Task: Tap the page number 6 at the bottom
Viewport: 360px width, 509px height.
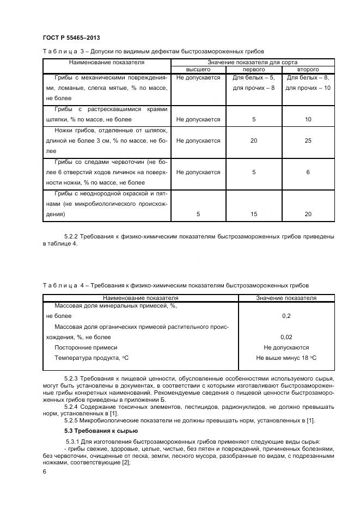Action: point(44,472)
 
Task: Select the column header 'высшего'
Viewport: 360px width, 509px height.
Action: point(198,70)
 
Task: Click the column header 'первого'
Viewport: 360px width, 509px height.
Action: point(253,70)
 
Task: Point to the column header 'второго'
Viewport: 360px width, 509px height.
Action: point(308,70)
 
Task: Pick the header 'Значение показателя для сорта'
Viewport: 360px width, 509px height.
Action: point(253,63)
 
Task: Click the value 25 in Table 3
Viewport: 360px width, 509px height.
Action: point(308,140)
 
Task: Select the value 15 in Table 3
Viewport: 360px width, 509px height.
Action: point(253,214)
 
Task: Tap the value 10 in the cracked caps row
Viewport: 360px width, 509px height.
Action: point(308,119)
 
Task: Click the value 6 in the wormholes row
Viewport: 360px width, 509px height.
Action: point(308,172)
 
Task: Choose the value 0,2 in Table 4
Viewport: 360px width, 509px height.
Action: point(286,316)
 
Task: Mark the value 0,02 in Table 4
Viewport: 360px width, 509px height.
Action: point(286,337)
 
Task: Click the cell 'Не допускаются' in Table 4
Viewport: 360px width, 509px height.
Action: point(286,347)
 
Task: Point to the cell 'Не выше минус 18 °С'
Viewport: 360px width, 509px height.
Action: point(286,358)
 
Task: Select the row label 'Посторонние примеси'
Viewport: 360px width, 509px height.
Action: point(86,347)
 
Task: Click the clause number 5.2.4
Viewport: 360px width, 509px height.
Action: point(73,406)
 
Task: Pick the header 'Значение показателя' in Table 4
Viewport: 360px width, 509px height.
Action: point(286,298)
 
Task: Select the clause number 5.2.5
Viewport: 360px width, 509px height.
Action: point(73,420)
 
